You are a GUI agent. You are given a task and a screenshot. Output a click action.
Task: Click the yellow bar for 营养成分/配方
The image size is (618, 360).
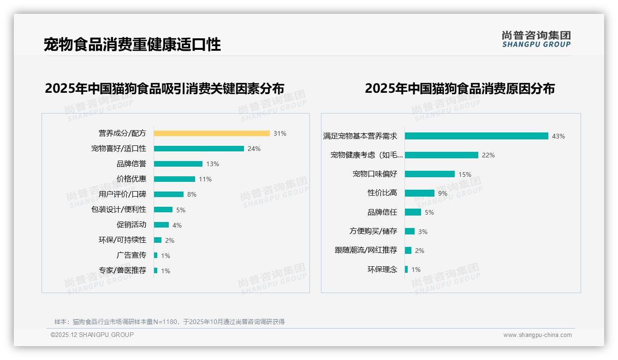click(212, 133)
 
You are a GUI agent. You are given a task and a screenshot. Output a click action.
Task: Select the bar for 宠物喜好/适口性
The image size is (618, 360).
click(199, 149)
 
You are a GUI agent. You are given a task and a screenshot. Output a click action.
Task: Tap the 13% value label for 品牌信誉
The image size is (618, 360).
click(213, 164)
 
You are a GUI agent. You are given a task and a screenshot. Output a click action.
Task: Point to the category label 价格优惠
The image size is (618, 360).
click(131, 179)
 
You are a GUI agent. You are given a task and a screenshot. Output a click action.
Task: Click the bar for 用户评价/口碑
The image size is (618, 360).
click(169, 194)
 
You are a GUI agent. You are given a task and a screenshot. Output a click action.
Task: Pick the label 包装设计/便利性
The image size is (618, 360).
click(119, 210)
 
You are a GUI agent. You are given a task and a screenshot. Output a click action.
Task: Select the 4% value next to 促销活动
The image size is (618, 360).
click(177, 225)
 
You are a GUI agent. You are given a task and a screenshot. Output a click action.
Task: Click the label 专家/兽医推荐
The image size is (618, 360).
click(123, 270)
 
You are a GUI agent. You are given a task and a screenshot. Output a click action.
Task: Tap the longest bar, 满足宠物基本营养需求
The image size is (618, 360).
click(476, 136)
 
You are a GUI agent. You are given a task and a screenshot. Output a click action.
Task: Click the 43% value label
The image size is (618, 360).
click(559, 136)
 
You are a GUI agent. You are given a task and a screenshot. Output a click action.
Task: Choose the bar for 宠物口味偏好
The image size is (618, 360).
click(430, 174)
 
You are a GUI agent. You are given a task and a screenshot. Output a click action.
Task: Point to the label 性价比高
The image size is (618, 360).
click(382, 193)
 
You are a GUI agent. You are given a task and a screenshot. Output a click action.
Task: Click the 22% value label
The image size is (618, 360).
click(488, 155)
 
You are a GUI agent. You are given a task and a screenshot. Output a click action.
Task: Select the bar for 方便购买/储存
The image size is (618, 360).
click(410, 231)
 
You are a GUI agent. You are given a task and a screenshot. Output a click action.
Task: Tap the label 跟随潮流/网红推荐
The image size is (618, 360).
click(366, 250)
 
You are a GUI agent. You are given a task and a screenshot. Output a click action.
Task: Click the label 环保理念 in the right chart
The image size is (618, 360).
click(382, 270)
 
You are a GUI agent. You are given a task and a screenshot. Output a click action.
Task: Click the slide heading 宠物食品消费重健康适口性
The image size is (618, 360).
click(132, 44)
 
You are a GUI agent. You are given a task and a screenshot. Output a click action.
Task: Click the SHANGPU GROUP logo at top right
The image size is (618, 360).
click(536, 39)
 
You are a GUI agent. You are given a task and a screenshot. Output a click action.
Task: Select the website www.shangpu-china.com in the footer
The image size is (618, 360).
click(537, 335)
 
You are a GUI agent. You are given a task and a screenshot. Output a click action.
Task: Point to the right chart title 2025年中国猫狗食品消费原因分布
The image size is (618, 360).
click(460, 89)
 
